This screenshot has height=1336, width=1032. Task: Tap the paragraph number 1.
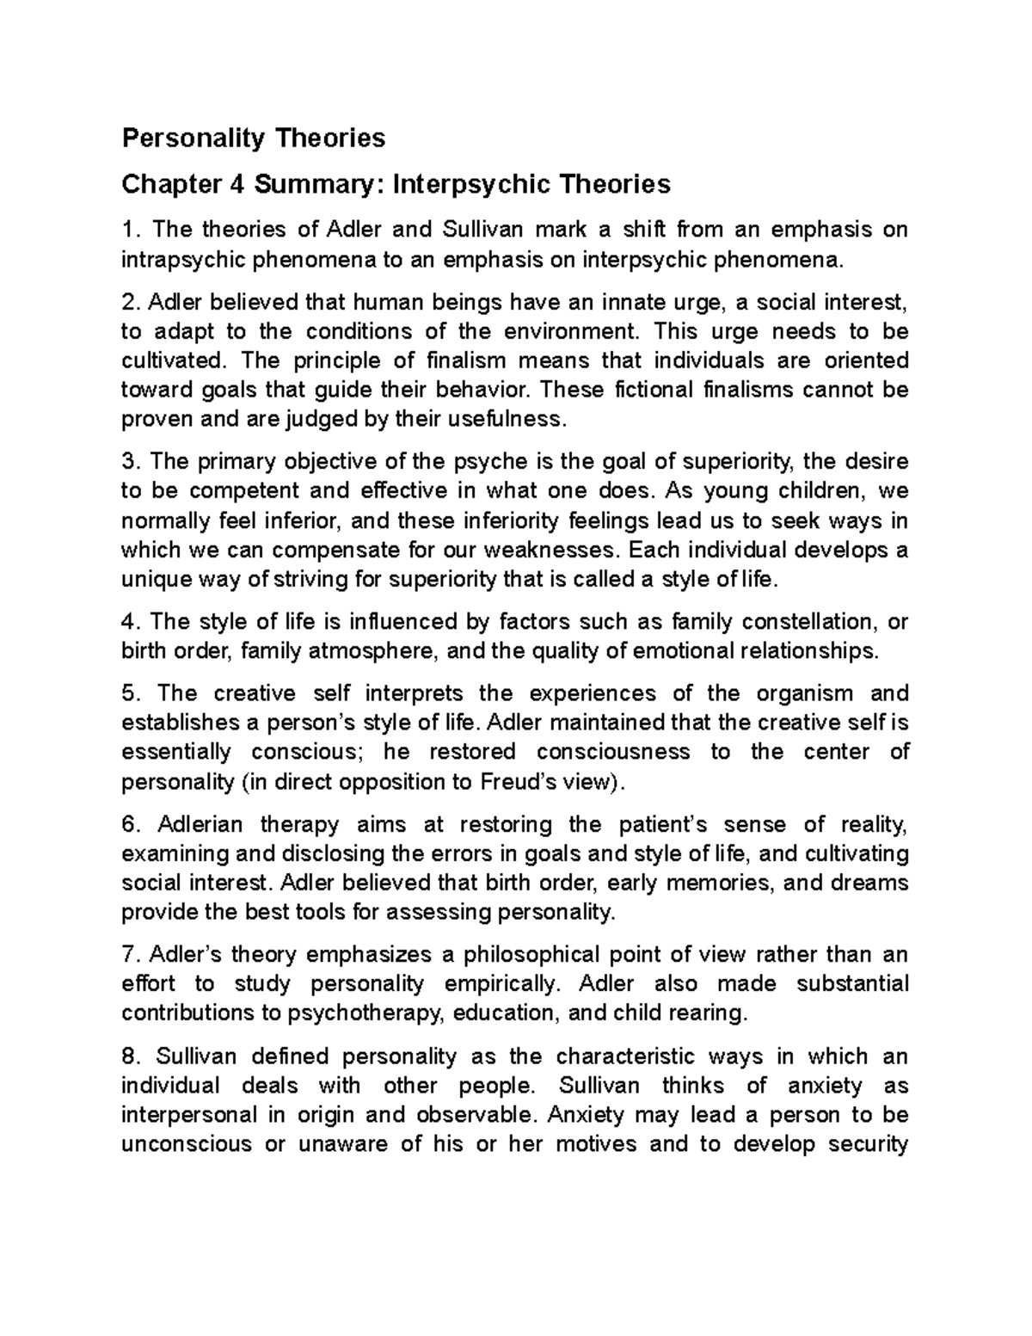[129, 230]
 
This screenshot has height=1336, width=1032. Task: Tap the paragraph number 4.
[129, 622]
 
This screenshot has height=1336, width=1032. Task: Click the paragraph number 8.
[129, 1057]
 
